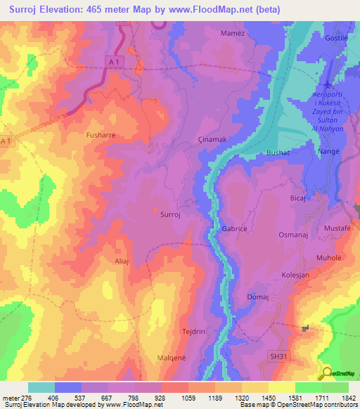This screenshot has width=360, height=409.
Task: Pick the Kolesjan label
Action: pos(296,275)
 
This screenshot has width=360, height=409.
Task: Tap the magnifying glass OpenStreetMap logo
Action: pos(326,372)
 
